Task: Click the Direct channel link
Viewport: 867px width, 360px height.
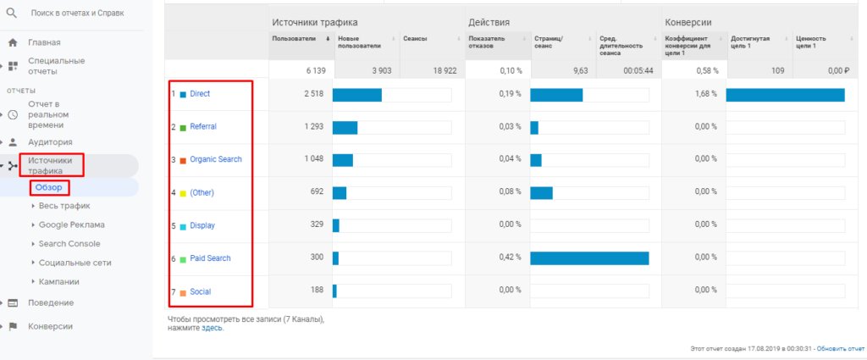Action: click(200, 94)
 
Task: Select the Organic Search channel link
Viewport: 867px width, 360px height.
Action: click(215, 159)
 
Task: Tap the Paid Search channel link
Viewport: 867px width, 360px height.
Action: click(210, 258)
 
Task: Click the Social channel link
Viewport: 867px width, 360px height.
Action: click(200, 291)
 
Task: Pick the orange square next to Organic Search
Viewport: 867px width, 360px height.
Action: click(182, 160)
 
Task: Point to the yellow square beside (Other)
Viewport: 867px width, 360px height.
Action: click(182, 193)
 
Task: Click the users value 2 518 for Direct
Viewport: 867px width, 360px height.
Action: click(313, 94)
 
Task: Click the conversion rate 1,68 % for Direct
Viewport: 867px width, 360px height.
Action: click(706, 94)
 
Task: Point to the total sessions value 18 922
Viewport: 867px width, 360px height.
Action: click(444, 71)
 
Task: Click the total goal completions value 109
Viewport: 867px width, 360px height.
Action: click(775, 71)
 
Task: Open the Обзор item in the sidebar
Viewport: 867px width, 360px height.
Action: click(49, 187)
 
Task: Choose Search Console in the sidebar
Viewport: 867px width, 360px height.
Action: click(69, 244)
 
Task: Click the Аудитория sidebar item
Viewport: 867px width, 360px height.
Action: click(50, 142)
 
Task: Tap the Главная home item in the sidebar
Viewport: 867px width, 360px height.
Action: click(44, 42)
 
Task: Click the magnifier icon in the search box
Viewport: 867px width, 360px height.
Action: click(12, 14)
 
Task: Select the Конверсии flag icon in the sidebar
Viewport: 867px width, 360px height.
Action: click(13, 326)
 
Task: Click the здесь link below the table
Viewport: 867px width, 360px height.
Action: click(212, 328)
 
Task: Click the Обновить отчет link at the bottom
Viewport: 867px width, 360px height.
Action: click(840, 348)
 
